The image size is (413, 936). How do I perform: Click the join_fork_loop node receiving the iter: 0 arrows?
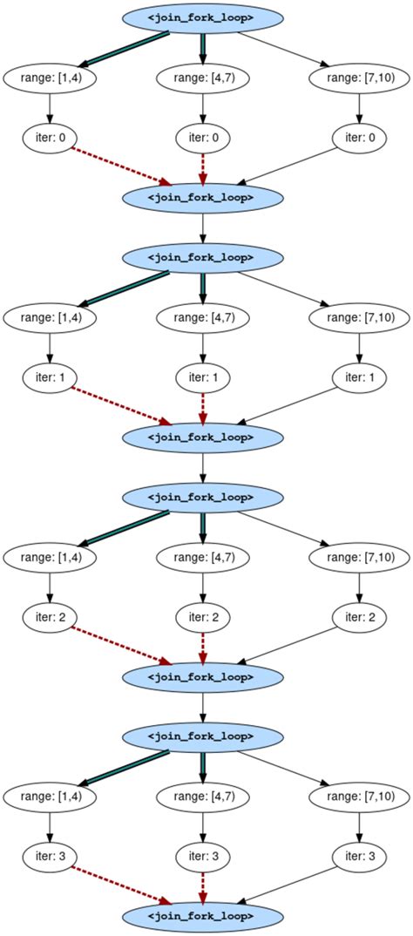point(202,198)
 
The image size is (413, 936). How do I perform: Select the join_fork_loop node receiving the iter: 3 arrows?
point(202,916)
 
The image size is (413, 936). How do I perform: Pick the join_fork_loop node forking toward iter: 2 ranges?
point(202,497)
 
